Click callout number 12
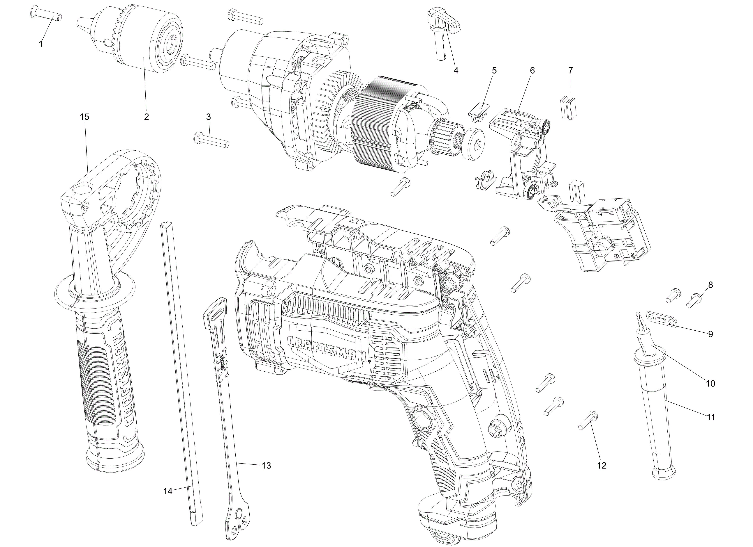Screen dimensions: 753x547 click(602, 465)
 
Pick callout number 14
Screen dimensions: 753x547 click(168, 491)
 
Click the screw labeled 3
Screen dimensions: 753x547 click(211, 140)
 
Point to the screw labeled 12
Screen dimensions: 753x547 click(588, 421)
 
